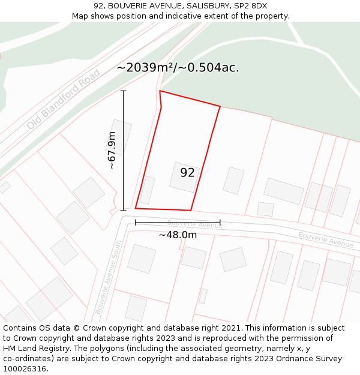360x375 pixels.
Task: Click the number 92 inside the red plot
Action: [187, 173]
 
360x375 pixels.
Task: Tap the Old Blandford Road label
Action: [64, 100]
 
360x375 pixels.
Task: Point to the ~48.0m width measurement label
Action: [178, 235]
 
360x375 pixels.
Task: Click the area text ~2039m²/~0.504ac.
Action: [178, 68]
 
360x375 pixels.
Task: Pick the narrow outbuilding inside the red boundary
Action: [147, 190]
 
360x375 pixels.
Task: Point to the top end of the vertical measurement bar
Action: [124, 91]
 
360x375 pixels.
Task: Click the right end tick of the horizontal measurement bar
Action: [220, 223]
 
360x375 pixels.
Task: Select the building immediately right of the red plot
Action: [233, 181]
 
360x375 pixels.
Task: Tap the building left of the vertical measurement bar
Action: [120, 137]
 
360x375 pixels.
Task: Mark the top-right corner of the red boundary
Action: [220, 107]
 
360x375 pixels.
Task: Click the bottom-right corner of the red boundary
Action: [191, 210]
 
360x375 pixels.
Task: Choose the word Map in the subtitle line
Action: [81, 16]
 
